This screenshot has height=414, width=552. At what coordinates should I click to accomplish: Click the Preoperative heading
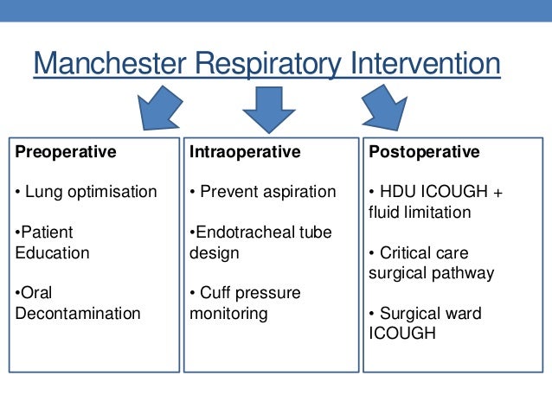point(66,152)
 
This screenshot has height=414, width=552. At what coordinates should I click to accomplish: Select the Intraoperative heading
point(245,152)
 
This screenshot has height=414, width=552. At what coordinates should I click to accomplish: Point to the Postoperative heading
point(424,152)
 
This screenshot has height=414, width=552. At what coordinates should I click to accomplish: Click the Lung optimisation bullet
point(87,192)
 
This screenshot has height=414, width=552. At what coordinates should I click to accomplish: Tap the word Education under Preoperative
point(52,253)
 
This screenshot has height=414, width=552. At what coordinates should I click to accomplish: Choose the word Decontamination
point(78,314)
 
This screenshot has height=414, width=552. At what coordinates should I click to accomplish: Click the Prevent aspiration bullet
point(263,192)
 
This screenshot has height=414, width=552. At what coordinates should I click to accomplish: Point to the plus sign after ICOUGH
point(497,192)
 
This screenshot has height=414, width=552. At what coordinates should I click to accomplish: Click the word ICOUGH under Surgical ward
point(397,334)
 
